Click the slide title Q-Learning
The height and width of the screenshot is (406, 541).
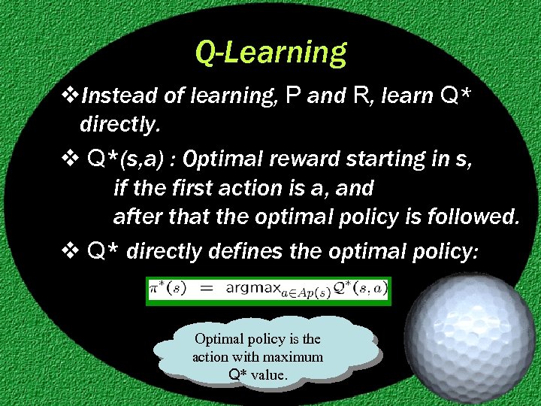(270, 52)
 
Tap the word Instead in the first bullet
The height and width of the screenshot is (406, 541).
(113, 95)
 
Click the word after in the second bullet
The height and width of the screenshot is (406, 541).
(134, 217)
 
